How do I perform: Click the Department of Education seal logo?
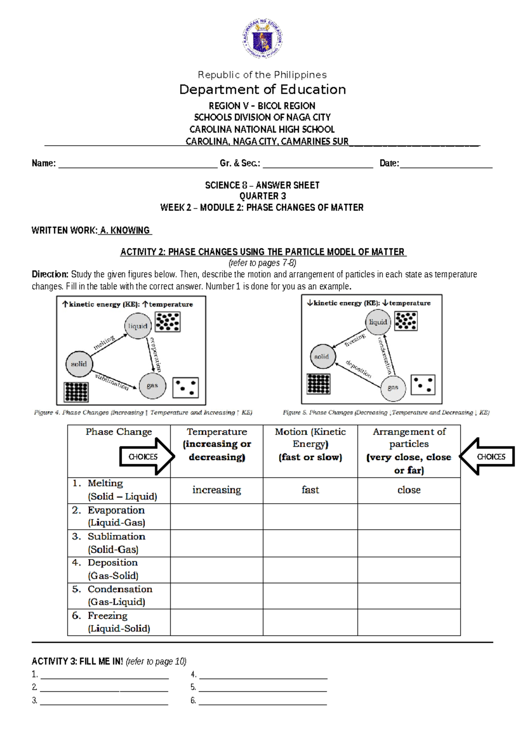point(262,38)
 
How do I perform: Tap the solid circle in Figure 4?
point(79,364)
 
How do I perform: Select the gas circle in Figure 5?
point(393,388)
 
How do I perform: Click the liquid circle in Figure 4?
point(138,326)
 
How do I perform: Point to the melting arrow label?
point(104,343)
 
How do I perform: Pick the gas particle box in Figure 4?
point(185,388)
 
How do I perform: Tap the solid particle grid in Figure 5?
point(318,384)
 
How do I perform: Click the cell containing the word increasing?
point(217,490)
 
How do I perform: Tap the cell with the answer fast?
point(310,490)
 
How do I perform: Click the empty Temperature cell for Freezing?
point(217,622)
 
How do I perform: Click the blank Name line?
point(138,164)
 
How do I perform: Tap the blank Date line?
point(446,164)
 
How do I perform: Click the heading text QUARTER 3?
point(262,196)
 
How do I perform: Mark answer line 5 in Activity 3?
point(262,688)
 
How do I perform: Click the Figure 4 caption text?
point(143,413)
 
